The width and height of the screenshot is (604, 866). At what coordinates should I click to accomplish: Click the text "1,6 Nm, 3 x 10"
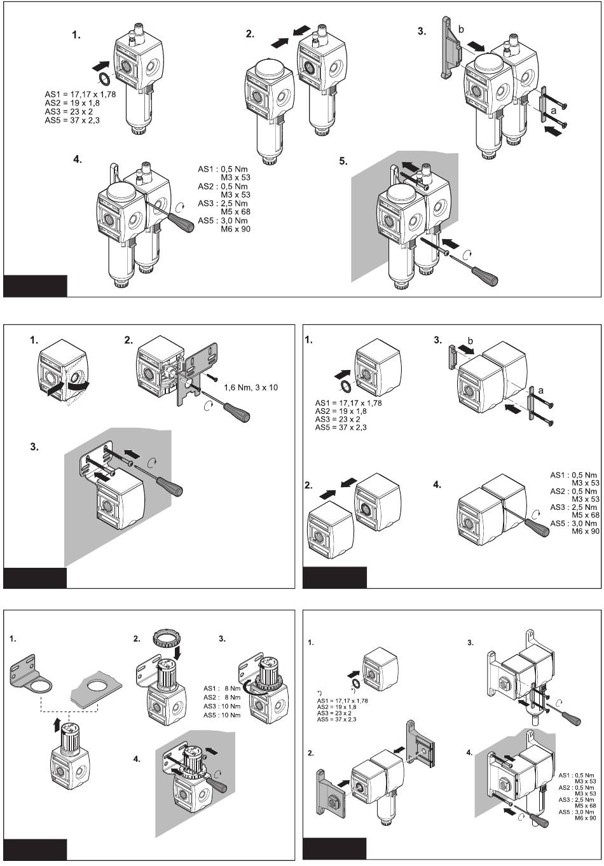[x=251, y=387]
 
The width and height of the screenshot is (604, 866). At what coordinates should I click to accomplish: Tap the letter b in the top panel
[x=461, y=29]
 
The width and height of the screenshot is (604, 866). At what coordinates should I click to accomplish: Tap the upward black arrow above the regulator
[x=57, y=724]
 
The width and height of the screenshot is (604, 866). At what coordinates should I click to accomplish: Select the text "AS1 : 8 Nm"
[x=222, y=688]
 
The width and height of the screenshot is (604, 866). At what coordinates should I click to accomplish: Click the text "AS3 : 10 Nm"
[x=222, y=706]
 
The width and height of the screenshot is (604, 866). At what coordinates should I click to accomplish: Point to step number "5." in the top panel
[x=343, y=162]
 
